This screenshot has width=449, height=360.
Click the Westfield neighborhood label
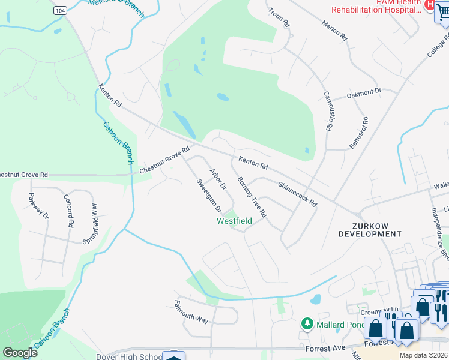234,221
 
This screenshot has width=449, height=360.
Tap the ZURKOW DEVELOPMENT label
369,229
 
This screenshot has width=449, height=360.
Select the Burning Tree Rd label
252,197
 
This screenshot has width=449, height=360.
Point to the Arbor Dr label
217,179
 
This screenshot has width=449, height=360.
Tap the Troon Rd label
279,17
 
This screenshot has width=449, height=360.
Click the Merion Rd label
335,29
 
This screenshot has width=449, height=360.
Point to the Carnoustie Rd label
328,111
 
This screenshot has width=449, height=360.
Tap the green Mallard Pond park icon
307,324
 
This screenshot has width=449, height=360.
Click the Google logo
20,352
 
